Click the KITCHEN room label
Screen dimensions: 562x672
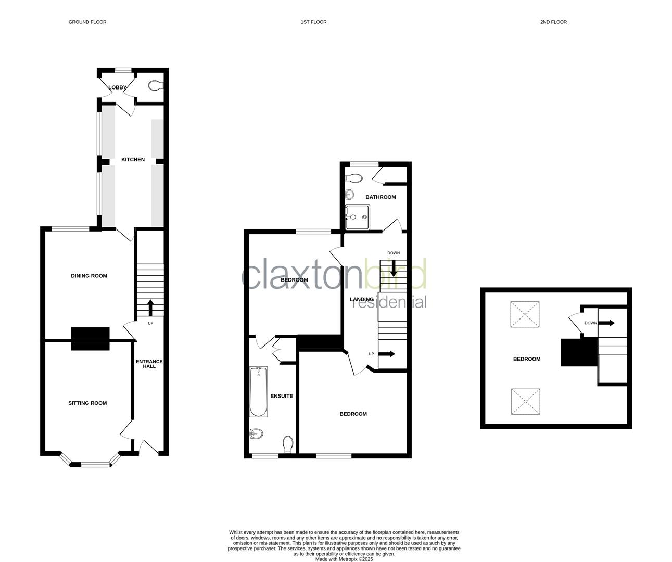coord(133,160)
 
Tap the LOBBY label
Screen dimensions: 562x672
coord(117,87)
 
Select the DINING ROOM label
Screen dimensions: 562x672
coord(89,276)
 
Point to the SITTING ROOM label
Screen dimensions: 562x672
coord(87,403)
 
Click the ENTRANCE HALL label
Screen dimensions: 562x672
coord(149,364)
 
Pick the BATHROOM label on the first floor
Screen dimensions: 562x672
coord(381,197)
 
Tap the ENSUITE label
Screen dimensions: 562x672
coord(282,396)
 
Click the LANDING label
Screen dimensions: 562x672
coord(361,299)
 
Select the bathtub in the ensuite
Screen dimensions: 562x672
coord(258,392)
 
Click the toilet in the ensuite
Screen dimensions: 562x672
coord(288,444)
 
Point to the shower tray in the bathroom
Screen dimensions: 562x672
coord(358,216)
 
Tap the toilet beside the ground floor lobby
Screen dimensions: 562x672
coord(155,85)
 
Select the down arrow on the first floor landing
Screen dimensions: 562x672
coord(394,268)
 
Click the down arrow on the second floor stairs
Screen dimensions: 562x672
coord(607,323)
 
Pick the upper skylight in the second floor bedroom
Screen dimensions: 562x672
coord(525,315)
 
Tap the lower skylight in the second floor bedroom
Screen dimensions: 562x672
coord(525,402)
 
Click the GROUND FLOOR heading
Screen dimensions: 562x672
coord(87,22)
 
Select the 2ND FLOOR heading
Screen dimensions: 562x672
coord(553,22)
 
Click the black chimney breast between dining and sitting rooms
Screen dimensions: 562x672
coord(90,338)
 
